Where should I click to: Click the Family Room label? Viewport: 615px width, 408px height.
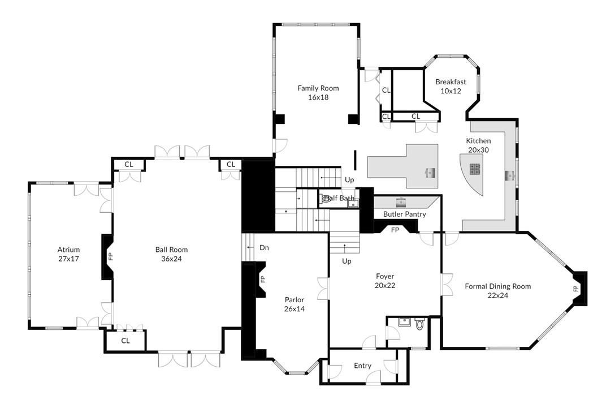(x=318, y=92)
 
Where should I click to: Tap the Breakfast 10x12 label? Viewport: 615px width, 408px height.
(x=451, y=86)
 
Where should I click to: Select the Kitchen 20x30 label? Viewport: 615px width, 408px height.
(x=478, y=145)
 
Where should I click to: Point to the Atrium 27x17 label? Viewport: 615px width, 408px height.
(x=68, y=254)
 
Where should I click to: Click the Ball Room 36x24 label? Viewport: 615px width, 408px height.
(x=171, y=254)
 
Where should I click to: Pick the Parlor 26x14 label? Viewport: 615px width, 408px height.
(x=294, y=304)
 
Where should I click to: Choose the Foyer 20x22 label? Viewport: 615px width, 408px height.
(x=384, y=281)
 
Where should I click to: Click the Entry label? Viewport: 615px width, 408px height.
(x=362, y=366)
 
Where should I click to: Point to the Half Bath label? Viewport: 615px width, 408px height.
(x=339, y=198)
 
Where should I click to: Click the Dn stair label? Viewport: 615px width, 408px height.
(x=264, y=248)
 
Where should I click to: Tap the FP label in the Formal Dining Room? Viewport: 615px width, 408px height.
(x=576, y=288)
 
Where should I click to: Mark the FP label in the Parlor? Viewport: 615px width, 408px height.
(x=262, y=279)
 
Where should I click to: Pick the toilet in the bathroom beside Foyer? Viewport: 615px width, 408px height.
(x=419, y=325)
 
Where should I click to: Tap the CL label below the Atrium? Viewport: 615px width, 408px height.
(x=125, y=341)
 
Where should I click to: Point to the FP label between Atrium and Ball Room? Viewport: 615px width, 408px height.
(x=111, y=256)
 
